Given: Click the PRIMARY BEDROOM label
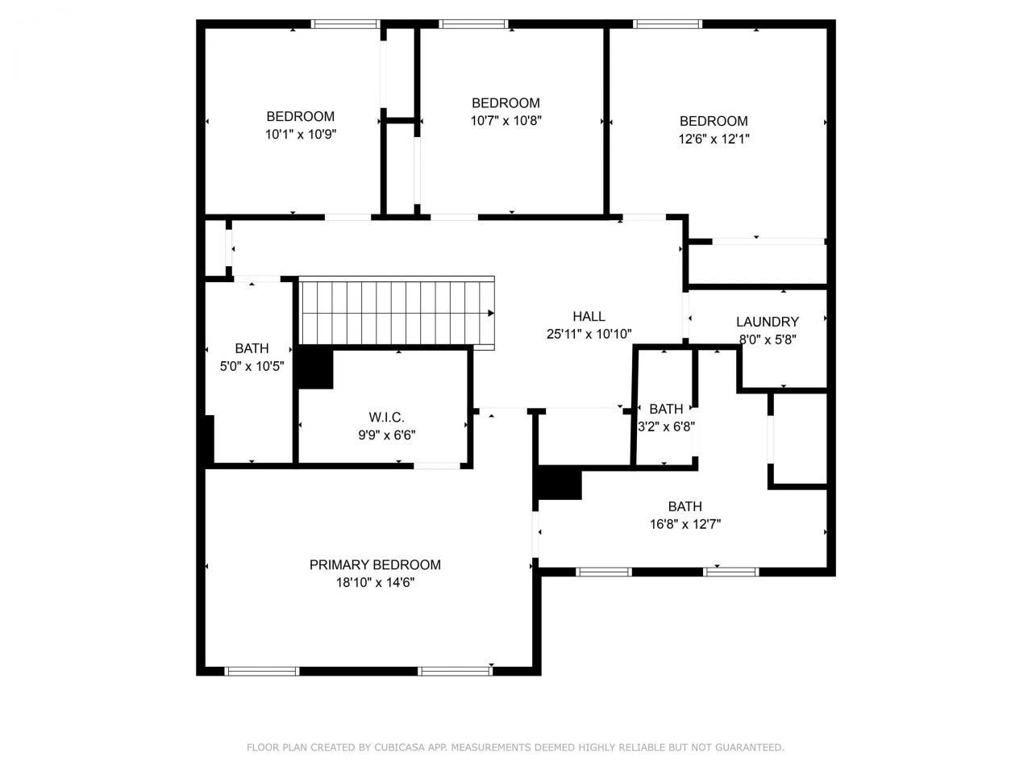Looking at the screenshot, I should [375, 565].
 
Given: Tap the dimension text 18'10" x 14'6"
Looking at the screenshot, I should [375, 582].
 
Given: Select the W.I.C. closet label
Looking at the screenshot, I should [386, 418].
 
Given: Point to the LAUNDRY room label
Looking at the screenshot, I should [767, 322].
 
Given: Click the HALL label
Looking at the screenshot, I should [589, 317].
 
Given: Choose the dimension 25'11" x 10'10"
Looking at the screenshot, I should [589, 334].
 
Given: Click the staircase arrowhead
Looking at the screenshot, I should [490, 313].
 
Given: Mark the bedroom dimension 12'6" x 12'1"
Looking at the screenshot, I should [714, 139].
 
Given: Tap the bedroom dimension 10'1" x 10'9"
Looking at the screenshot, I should [300, 134].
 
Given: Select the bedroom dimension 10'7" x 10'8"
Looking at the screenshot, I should [506, 121].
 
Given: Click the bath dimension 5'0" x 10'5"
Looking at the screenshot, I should [252, 366].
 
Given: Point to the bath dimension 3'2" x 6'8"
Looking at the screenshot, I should [666, 427].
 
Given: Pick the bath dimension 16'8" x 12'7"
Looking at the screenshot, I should [685, 524].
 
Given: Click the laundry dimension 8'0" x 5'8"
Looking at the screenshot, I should [767, 339].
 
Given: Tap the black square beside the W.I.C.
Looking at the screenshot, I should [315, 368].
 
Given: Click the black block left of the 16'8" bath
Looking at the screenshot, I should [559, 483].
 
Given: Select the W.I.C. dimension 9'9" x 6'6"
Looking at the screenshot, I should [386, 435].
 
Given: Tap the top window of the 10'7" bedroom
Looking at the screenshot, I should [474, 24].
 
